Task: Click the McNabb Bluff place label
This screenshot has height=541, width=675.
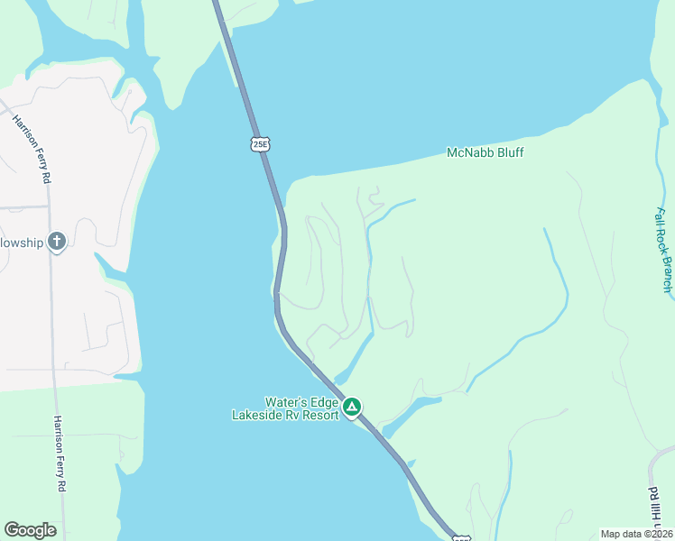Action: pyautogui.click(x=485, y=153)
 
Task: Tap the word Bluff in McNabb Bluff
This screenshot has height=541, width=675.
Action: pyautogui.click(x=508, y=153)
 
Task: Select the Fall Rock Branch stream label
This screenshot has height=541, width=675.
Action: pyautogui.click(x=664, y=250)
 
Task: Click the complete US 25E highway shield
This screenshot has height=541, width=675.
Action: pyautogui.click(x=260, y=143)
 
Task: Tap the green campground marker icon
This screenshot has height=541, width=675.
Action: pyautogui.click(x=352, y=408)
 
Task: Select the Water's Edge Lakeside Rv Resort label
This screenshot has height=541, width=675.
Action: pyautogui.click(x=285, y=408)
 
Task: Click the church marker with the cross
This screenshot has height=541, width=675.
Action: pyautogui.click(x=57, y=241)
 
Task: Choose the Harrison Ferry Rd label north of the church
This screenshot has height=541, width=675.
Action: pyautogui.click(x=32, y=150)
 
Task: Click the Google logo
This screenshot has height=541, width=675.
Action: pyautogui.click(x=30, y=530)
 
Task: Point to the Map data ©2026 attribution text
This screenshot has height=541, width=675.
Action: pyautogui.click(x=637, y=534)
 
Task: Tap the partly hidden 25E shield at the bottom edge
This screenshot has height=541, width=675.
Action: pyautogui.click(x=460, y=537)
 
